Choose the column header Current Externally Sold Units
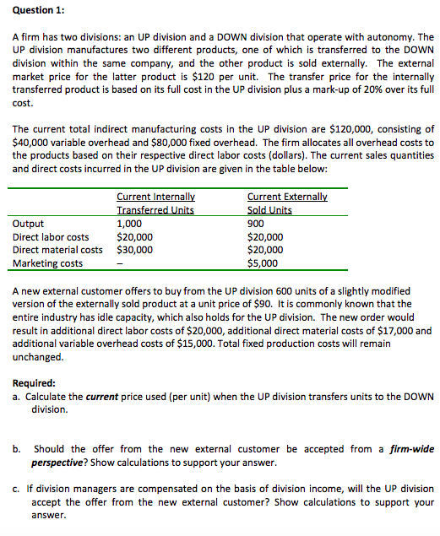(286, 203)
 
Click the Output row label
(30, 224)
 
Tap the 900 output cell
(255, 224)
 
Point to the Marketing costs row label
(49, 263)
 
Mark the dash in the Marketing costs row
(120, 263)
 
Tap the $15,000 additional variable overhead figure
(155, 344)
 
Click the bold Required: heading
(34, 382)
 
